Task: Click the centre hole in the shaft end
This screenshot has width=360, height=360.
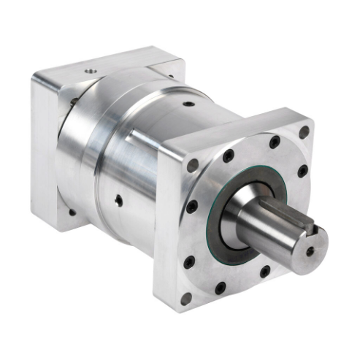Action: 310,251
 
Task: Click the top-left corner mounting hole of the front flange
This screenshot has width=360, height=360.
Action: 193,165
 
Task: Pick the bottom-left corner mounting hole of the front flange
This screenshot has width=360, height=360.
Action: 187,299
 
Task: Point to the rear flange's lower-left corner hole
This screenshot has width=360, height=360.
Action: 71,212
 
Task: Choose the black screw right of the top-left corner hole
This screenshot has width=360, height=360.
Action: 229,156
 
